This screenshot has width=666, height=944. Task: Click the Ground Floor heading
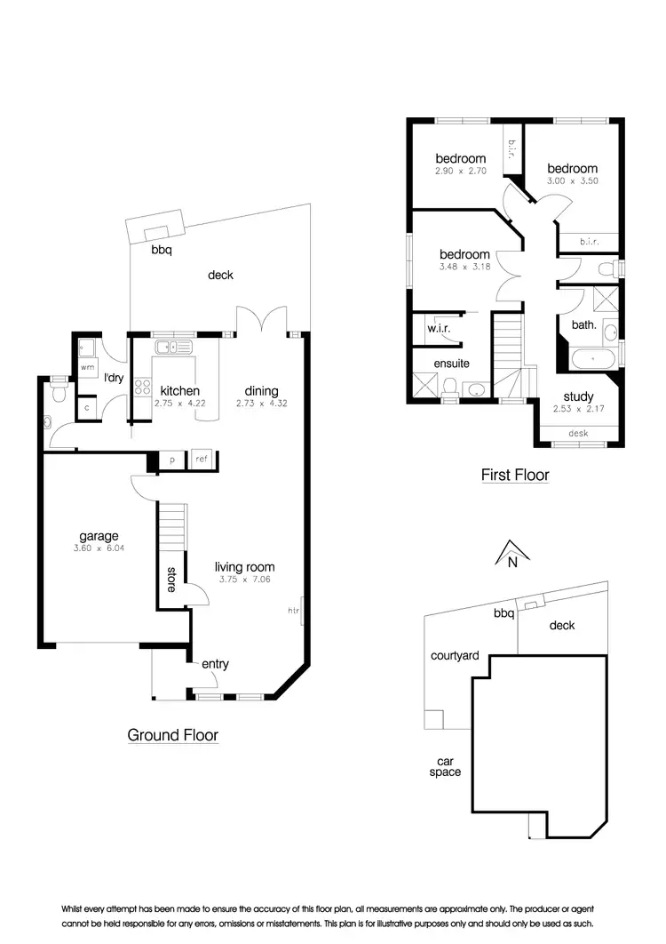pos(172,735)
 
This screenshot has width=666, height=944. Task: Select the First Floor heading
pos(515,475)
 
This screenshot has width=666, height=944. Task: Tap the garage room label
pos(99,536)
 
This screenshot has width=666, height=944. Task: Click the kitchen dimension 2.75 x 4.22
pos(179,403)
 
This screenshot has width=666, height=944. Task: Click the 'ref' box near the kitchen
pos(202,460)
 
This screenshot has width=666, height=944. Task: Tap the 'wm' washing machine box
pos(87,366)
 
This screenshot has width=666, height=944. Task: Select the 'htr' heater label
pos(294,611)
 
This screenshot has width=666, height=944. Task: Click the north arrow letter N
pos(511,562)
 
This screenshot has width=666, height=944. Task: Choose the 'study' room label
pos(578,397)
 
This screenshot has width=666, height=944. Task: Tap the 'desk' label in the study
pos(578,434)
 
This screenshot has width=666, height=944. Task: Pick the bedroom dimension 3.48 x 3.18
pos(464,266)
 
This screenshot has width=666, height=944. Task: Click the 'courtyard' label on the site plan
pos(455,656)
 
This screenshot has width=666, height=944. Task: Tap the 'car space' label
pos(448,766)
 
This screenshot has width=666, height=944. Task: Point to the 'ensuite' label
pos(451,364)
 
